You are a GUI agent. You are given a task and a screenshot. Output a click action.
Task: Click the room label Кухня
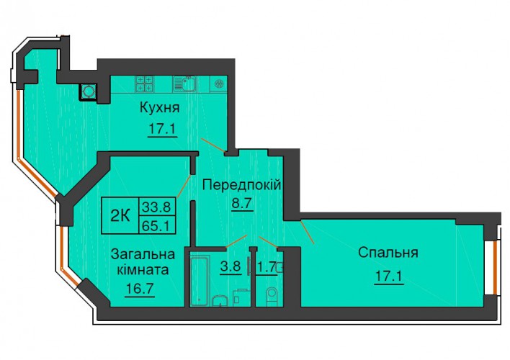pyautogui.click(x=160, y=108)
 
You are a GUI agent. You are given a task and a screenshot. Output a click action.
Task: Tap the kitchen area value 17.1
pyautogui.click(x=162, y=129)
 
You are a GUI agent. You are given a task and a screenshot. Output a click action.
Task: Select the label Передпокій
pyautogui.click(x=241, y=185)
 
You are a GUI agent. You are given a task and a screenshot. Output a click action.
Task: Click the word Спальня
pyautogui.click(x=388, y=252)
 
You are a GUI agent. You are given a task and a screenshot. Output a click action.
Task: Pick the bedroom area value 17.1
pyautogui.click(x=389, y=276)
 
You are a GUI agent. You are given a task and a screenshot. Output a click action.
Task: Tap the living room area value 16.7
pyautogui.click(x=140, y=289)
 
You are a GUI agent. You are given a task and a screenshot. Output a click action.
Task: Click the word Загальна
pyautogui.click(x=143, y=254)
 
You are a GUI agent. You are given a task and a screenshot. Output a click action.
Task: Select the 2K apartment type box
pyautogui.click(x=120, y=215)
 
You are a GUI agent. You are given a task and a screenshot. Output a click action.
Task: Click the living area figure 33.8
pyautogui.click(x=158, y=206)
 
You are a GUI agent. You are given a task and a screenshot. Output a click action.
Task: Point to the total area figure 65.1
pyautogui.click(x=158, y=225)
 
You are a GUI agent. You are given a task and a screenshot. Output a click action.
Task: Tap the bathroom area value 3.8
pyautogui.click(x=231, y=266)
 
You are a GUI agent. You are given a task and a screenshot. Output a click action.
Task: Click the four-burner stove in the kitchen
pyautogui.click(x=144, y=84)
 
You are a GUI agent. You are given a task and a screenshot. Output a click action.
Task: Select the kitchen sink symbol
pyautogui.click(x=184, y=84)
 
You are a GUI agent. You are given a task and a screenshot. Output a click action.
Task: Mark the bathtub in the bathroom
pyautogui.click(x=199, y=282)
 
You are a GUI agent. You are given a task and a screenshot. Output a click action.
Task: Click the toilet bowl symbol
pyautogui.click(x=272, y=297)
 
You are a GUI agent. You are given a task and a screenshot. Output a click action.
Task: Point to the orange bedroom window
pyautogui.click(x=495, y=267)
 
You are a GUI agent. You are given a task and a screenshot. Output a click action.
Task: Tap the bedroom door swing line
pyautogui.click(x=308, y=232)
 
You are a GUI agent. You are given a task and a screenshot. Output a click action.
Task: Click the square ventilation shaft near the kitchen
pyautogui.click(x=89, y=91)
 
